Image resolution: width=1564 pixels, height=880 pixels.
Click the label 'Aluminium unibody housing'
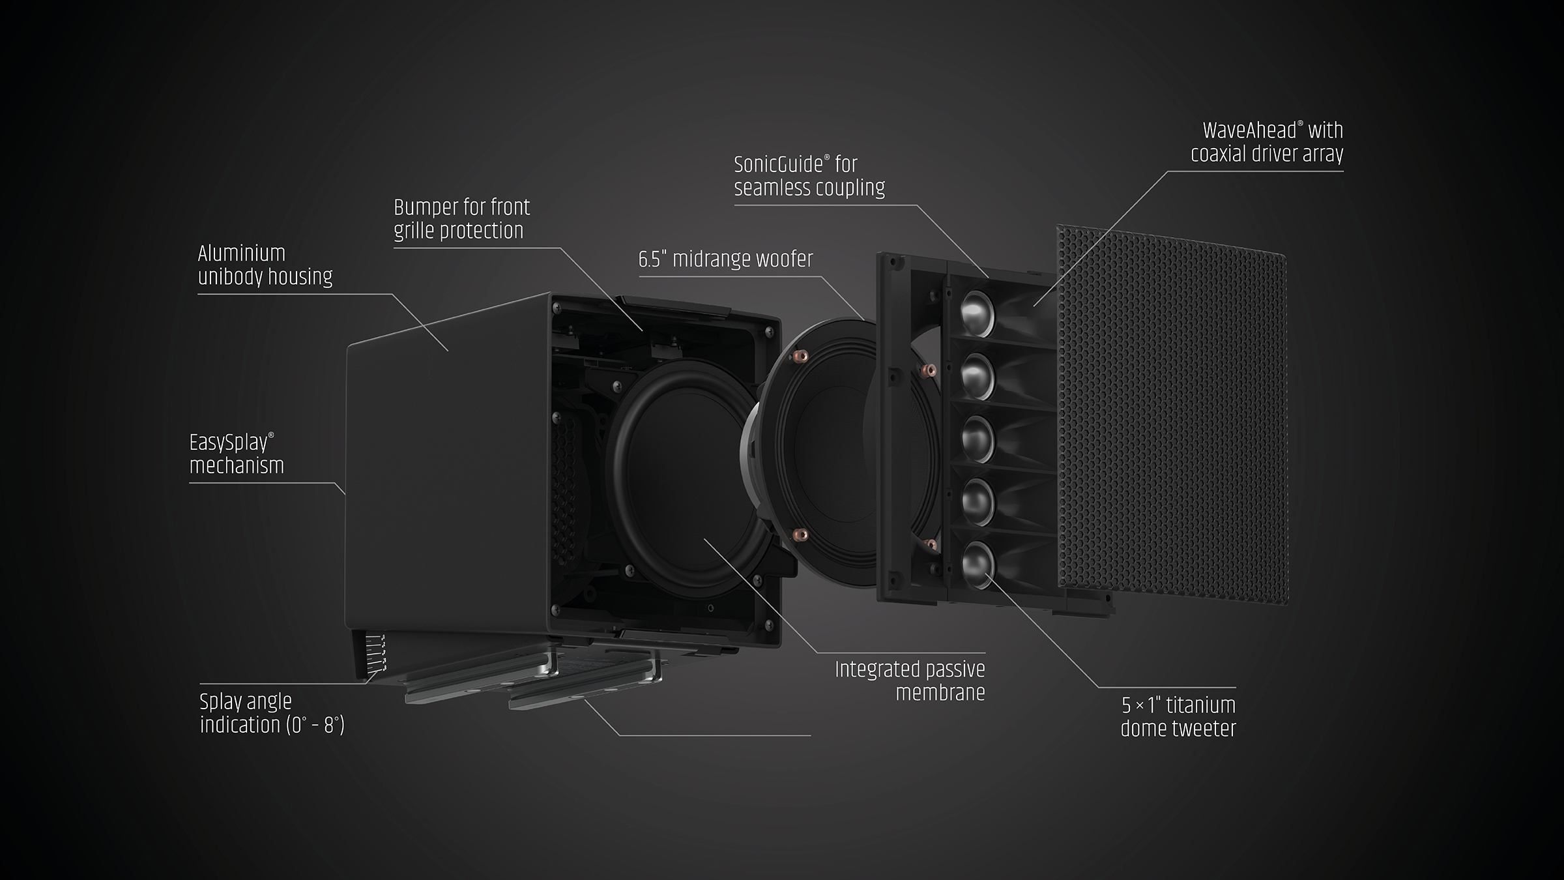265,265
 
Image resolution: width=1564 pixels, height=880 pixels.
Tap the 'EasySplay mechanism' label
237,454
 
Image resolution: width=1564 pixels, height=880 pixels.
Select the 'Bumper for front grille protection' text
462,218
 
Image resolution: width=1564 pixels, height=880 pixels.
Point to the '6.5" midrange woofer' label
726,259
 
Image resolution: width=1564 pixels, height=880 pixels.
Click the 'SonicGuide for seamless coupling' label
809,175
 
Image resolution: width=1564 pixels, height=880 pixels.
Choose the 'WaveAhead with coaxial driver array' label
1267,141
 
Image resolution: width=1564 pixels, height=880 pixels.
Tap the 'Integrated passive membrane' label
910,681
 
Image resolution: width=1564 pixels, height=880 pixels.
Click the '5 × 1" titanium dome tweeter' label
1178,716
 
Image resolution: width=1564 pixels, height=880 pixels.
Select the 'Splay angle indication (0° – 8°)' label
272,713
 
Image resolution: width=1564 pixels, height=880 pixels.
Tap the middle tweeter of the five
977,438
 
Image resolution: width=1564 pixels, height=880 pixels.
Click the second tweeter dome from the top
977,376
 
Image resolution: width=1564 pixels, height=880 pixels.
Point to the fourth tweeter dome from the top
977,501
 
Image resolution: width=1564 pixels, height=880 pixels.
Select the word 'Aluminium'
242,253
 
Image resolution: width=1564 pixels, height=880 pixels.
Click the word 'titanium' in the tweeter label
1200,705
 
